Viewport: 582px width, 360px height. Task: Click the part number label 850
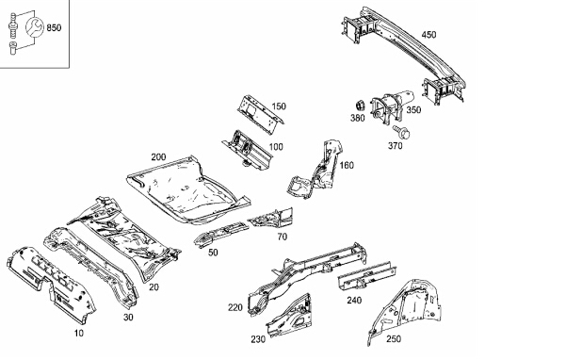54,27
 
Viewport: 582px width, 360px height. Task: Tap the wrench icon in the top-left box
35,27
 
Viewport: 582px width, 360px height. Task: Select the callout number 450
428,35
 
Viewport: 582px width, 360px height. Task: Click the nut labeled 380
360,106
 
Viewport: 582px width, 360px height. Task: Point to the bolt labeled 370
401,132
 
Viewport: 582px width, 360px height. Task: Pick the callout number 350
413,110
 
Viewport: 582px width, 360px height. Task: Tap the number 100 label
276,147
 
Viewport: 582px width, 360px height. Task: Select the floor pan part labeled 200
187,190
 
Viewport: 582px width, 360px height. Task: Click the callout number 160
347,165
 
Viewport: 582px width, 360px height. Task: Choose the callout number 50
213,253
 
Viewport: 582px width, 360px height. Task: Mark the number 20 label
154,287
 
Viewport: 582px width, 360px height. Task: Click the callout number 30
128,317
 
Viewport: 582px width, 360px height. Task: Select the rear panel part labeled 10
51,284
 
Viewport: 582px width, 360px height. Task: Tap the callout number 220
234,307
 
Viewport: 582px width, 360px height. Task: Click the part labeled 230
290,316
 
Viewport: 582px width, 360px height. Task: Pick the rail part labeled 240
366,276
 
